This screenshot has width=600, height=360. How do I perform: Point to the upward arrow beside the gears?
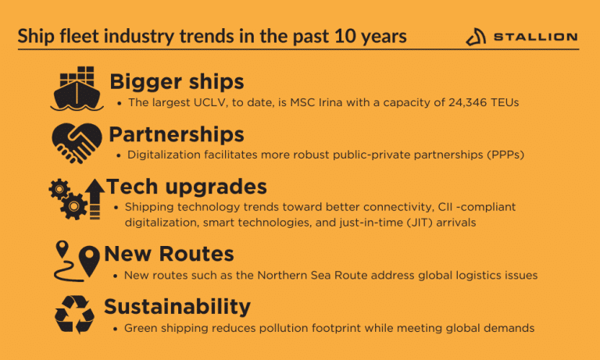95,198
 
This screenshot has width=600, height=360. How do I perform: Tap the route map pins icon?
77,261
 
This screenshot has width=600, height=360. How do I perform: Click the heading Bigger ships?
177,81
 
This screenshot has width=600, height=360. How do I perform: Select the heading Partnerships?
177,134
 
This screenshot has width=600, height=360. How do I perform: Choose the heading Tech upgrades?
187,187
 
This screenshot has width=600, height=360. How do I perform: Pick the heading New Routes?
169,254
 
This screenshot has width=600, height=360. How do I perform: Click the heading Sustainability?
177,306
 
